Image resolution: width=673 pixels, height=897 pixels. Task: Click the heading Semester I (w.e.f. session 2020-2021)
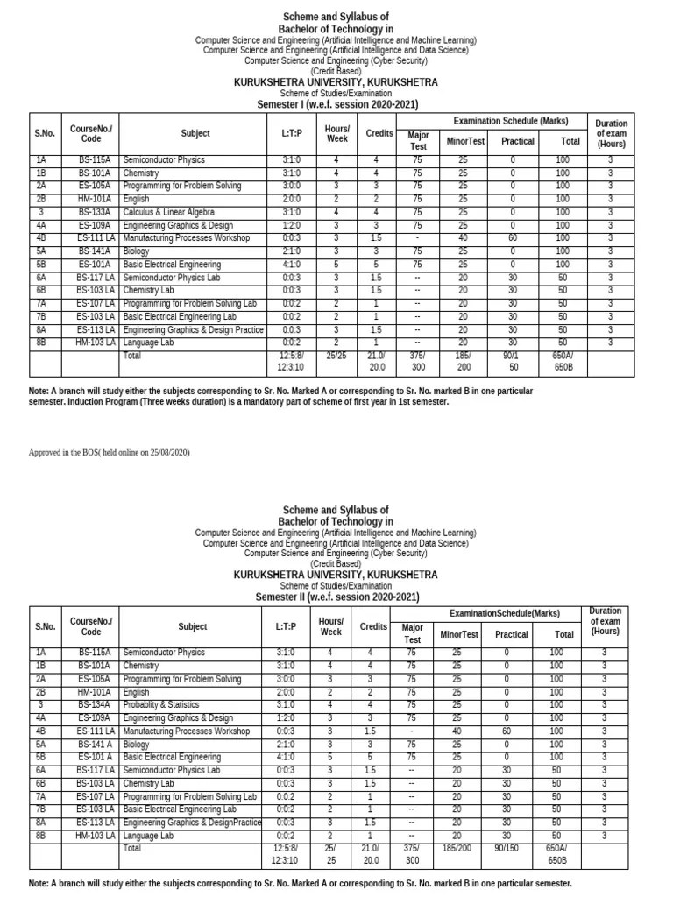tap(336, 104)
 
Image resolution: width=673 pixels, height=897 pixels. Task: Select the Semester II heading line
tap(336, 597)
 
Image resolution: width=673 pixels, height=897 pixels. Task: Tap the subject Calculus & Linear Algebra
tap(163, 212)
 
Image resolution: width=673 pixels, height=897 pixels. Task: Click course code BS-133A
tap(94, 212)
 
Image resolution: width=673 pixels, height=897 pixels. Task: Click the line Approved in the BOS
tap(110, 452)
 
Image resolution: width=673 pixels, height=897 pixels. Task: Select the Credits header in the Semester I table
tap(379, 133)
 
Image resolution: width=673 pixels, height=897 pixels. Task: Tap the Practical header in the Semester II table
tap(512, 634)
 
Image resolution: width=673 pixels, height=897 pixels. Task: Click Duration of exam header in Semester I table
tap(611, 133)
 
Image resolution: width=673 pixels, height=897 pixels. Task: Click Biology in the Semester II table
tap(138, 744)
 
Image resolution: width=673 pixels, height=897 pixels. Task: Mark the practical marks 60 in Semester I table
tap(514, 238)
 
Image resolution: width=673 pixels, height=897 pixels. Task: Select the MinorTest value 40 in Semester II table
tap(456, 731)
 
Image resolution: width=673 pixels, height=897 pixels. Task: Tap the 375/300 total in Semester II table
tap(411, 855)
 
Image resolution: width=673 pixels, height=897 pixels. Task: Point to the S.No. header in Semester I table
tap(45, 133)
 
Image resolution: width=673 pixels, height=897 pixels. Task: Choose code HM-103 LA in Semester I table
tap(96, 343)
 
